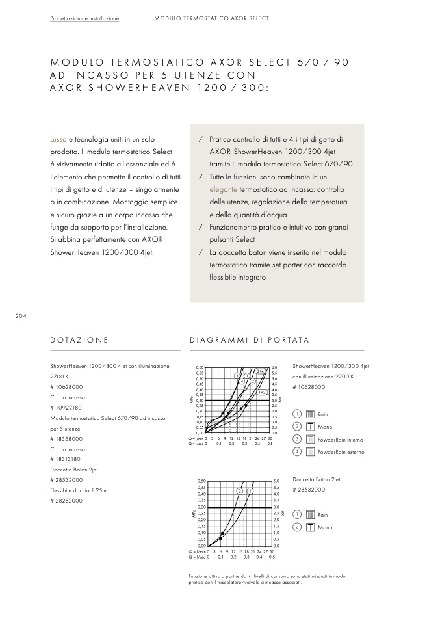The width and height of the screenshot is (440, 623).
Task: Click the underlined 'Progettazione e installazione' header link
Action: [84, 18]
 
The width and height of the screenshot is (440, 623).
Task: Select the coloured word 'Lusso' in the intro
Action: [58, 139]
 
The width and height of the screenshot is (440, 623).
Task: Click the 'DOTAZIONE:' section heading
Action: [81, 340]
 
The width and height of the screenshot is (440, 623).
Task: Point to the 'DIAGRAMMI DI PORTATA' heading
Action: [249, 340]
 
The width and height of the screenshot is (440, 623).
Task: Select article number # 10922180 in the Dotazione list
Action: [66, 407]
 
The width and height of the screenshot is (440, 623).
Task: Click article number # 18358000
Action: [66, 438]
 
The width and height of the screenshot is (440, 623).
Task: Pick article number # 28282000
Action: [66, 501]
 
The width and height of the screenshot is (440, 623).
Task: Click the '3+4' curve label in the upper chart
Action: [260, 371]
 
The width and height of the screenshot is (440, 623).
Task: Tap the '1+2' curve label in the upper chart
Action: [262, 392]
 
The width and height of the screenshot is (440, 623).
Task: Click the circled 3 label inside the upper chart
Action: [237, 375]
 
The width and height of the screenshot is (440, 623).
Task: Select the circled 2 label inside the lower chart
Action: [240, 490]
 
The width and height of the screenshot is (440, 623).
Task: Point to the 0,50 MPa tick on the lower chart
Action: [201, 481]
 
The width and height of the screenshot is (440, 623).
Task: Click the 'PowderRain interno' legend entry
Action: [340, 440]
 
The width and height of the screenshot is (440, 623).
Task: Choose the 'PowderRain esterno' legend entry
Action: [341, 452]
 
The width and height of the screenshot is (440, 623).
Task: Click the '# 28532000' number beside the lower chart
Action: [309, 490]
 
